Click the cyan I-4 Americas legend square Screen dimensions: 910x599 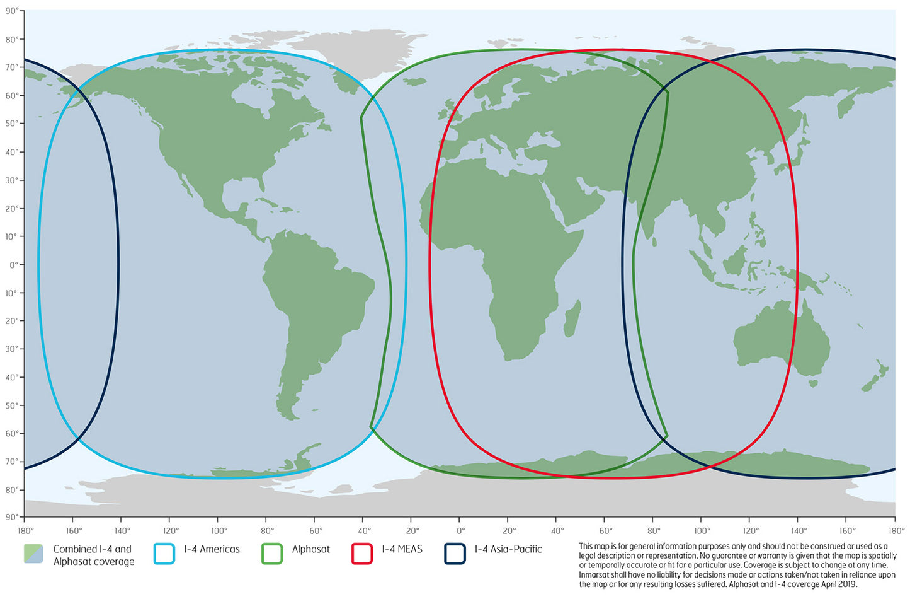[164, 554]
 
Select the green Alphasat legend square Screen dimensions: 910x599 [272, 554]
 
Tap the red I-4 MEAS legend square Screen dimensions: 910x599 [362, 554]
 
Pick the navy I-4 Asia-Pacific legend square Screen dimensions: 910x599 [455, 554]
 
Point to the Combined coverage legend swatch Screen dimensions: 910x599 [33, 554]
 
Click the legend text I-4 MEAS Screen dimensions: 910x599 [402, 549]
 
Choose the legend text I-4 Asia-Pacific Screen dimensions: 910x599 [508, 549]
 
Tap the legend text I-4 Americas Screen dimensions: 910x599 [212, 549]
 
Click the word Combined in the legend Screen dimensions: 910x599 [74, 549]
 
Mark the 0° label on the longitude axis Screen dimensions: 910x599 [461, 531]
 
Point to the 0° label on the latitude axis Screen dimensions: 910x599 [13, 265]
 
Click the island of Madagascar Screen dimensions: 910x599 [572, 318]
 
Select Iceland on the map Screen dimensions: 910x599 [414, 81]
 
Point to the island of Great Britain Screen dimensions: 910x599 [452, 112]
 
